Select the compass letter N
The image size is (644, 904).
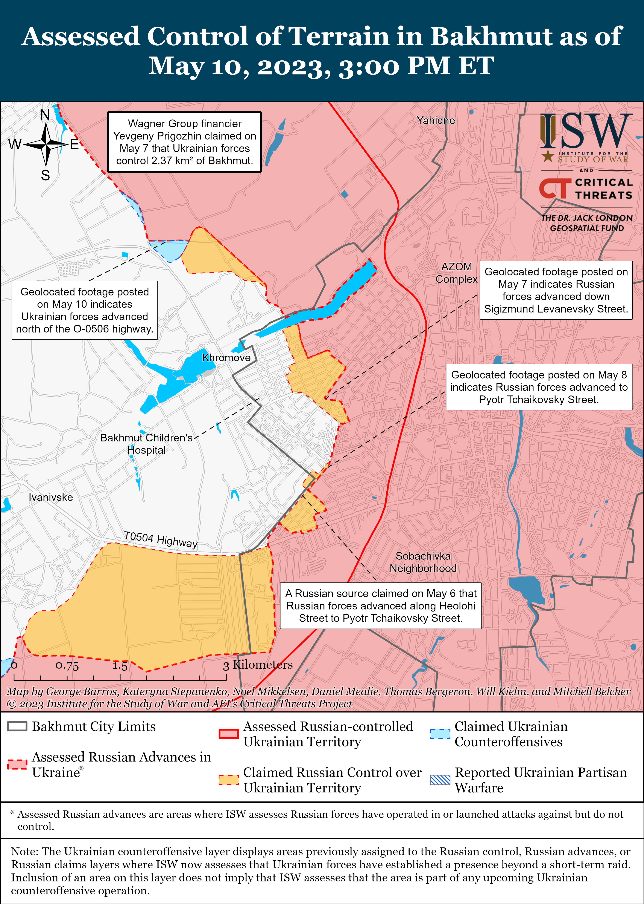45,115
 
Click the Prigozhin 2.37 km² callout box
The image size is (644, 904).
184,142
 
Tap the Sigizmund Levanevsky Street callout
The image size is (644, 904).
556,290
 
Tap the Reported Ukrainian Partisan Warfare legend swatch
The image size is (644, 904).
440,780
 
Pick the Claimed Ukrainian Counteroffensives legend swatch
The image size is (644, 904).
440,734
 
